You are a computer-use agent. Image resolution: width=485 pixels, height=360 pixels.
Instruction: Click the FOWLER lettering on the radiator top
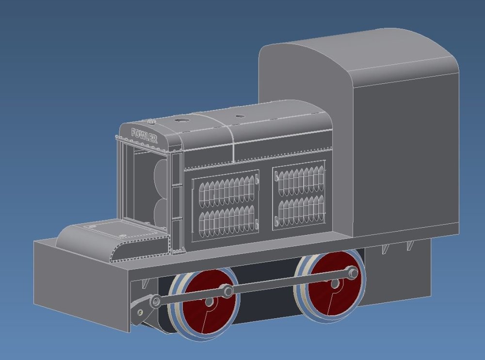pos(145,135)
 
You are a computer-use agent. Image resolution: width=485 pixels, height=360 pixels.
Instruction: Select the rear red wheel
pos(330,284)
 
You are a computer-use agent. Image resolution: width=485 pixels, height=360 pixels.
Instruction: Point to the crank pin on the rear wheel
pos(353,273)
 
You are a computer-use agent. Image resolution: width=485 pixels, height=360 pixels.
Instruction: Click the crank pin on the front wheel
pos(228,291)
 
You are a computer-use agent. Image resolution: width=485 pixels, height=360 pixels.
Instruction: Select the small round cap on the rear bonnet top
pos(240,116)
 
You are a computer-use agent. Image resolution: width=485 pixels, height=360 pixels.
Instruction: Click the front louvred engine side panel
pos(226,205)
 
